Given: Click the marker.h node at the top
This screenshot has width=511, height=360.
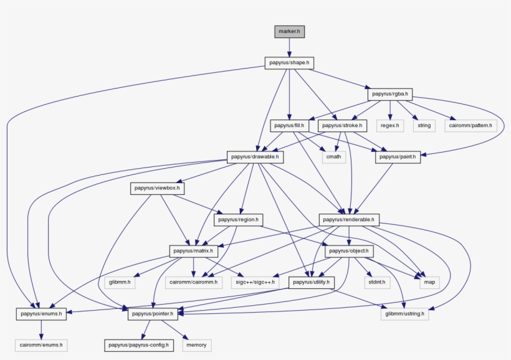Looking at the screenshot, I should pos(289,31).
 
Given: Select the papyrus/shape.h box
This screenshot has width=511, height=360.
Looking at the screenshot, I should pos(289,63).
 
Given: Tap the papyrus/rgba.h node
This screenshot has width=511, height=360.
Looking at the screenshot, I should pos(389,95).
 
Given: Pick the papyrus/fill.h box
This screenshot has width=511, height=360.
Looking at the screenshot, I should pos(290,126).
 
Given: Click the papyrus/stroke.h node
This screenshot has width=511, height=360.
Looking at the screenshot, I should pos(342,126).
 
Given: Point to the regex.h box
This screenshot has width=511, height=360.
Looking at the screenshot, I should pos(389,126).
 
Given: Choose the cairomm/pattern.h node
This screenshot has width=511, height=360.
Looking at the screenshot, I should pos(470,126).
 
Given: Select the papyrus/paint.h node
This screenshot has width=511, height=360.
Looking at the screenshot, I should pos(398,158).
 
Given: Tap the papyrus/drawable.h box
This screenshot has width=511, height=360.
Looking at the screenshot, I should pos(255,158).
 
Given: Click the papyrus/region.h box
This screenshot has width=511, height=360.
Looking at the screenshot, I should pos(239,220).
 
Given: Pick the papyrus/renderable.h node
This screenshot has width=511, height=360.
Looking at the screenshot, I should pos(349,220).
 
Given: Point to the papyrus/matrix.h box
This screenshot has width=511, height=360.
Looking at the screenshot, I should pos(193,251).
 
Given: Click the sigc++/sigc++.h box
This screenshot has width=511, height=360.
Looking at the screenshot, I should pos(254,282).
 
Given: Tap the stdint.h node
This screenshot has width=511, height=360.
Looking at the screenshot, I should pos(375,282).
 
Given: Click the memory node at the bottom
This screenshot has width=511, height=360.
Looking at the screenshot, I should pos(197,344).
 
